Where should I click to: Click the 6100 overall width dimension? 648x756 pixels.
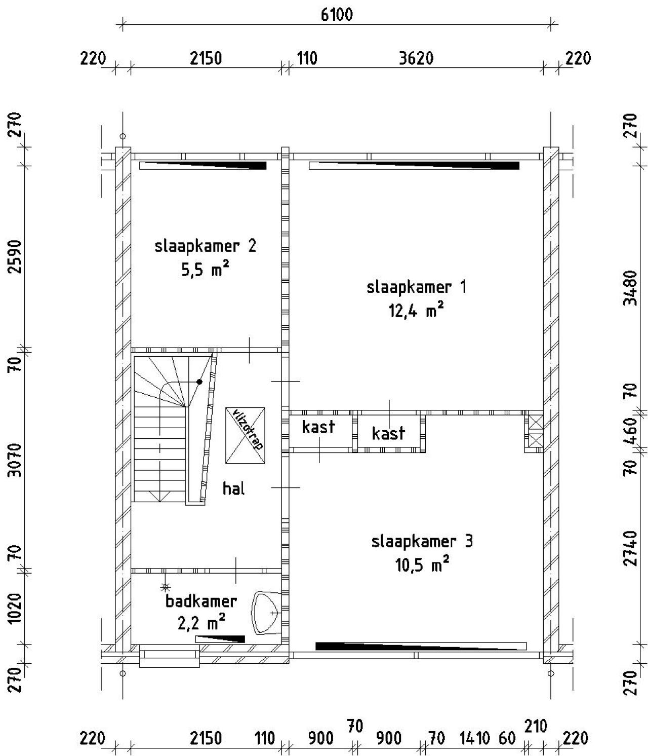pyautogui.click(x=337, y=14)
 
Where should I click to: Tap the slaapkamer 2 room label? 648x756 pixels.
pyautogui.click(x=205, y=246)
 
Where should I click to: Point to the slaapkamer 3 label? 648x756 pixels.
pyautogui.click(x=422, y=541)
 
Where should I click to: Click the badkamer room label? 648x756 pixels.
pyautogui.click(x=201, y=601)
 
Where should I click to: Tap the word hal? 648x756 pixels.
pyautogui.click(x=233, y=488)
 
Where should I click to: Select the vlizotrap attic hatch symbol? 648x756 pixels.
pyautogui.click(x=246, y=435)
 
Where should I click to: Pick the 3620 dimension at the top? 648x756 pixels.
pyautogui.click(x=416, y=59)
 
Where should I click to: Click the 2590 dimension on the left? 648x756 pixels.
pyautogui.click(x=16, y=256)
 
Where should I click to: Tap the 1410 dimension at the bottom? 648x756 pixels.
pyautogui.click(x=474, y=738)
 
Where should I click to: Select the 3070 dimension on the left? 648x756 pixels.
pyautogui.click(x=16, y=460)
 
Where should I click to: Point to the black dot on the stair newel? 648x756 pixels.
pyautogui.click(x=199, y=382)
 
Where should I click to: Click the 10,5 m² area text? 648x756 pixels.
pyautogui.click(x=422, y=564)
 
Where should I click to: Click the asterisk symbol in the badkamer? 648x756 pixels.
pyautogui.click(x=165, y=587)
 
